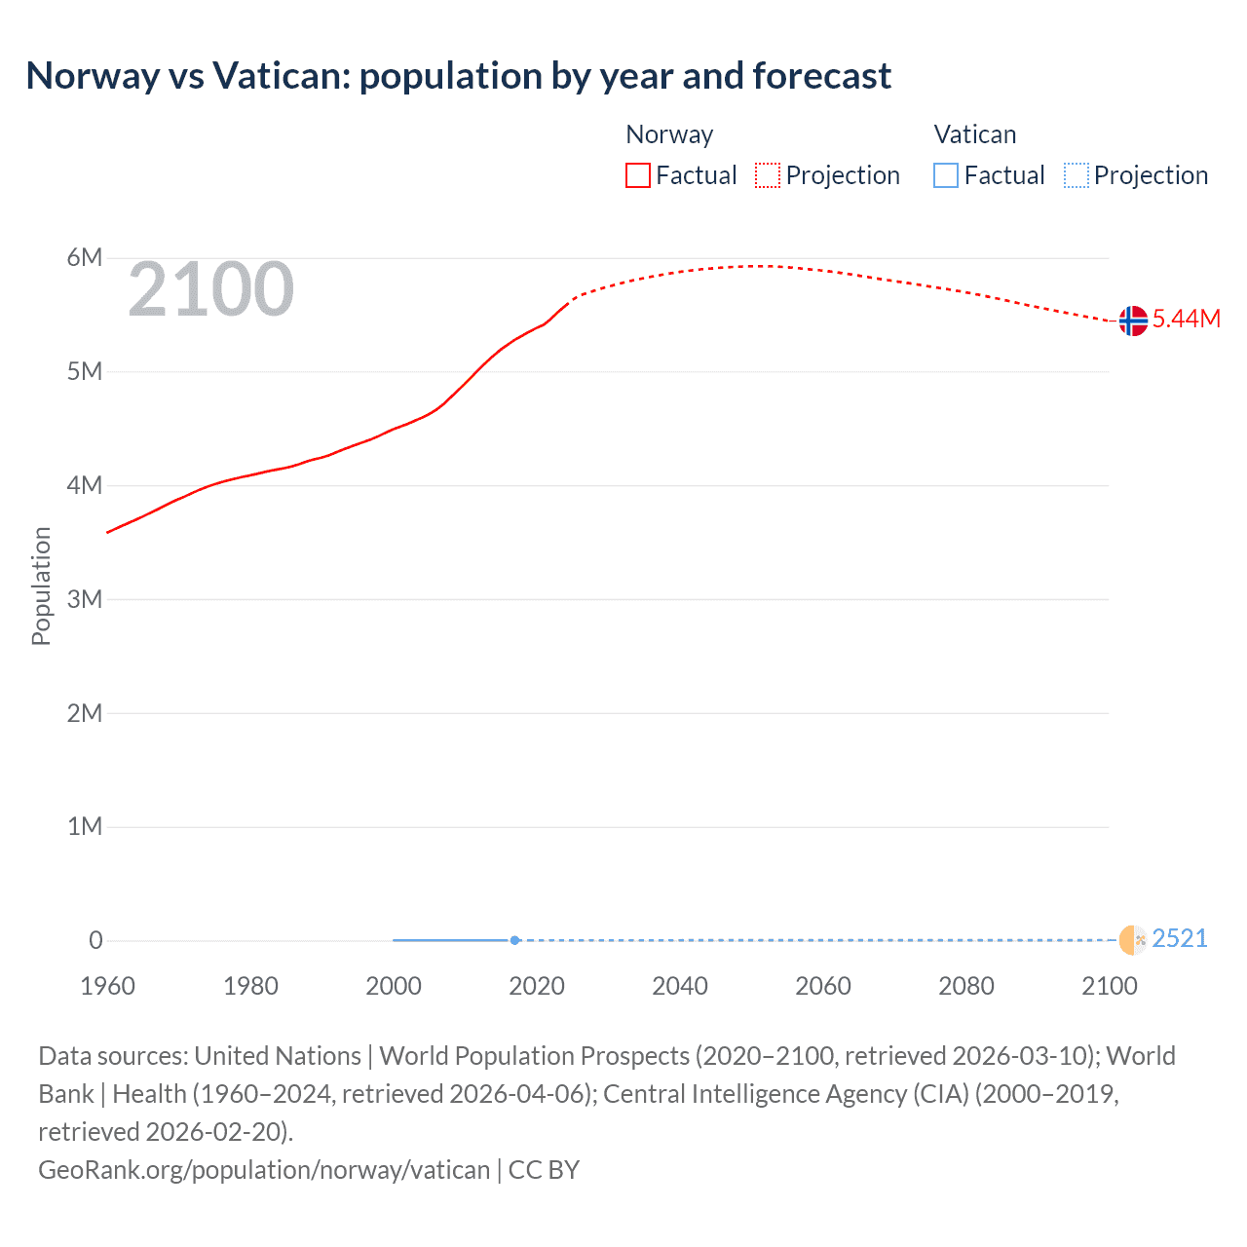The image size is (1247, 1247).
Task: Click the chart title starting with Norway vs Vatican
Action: (x=458, y=76)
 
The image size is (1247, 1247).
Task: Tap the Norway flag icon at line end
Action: (x=1133, y=321)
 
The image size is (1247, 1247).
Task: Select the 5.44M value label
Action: (x=1186, y=320)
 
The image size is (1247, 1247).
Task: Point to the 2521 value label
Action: (x=1179, y=939)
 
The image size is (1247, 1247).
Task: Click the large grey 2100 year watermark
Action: (x=210, y=289)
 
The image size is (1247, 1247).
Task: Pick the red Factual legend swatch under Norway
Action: (x=637, y=175)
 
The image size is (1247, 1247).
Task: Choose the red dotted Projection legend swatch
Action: (x=768, y=175)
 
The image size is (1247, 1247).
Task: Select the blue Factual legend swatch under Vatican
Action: (x=945, y=175)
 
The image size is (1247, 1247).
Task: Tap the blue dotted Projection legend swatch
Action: (x=1076, y=175)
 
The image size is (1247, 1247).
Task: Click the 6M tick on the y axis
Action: (x=84, y=258)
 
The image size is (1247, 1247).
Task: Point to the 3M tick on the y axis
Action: (x=84, y=599)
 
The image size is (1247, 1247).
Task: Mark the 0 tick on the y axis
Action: (x=95, y=941)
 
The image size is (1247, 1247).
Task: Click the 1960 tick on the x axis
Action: (x=107, y=986)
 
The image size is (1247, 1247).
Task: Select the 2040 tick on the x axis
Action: (x=680, y=986)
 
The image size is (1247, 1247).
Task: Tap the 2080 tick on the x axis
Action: (x=966, y=986)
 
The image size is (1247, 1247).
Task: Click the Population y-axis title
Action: (x=41, y=586)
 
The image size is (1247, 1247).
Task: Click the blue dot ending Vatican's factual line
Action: (x=514, y=940)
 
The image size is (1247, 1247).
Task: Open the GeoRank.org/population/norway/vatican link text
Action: (x=264, y=1170)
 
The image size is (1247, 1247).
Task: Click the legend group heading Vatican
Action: (x=974, y=134)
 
